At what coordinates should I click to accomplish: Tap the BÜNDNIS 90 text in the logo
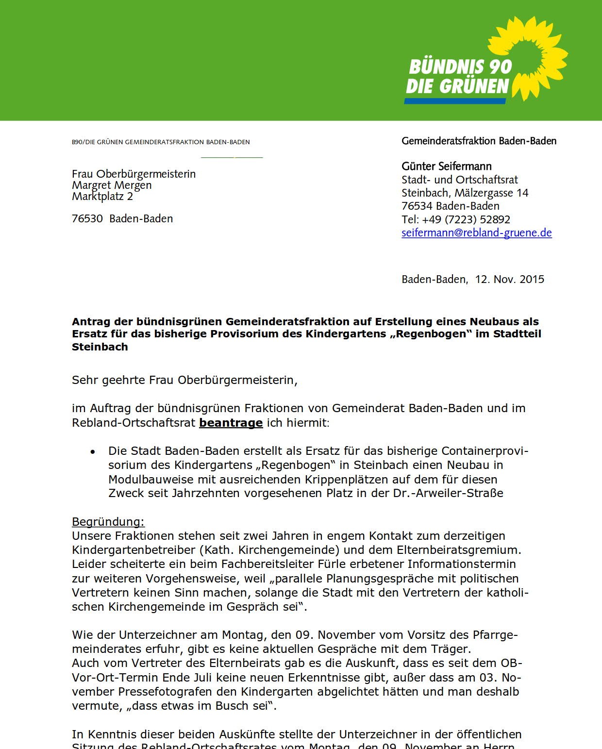click(x=460, y=67)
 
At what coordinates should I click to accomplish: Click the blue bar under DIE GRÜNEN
click(x=455, y=101)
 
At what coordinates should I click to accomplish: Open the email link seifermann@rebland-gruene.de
click(x=476, y=233)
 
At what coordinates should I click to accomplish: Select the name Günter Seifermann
click(x=446, y=166)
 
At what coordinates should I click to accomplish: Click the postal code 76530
click(x=87, y=218)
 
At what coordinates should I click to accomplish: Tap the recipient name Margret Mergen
click(x=112, y=185)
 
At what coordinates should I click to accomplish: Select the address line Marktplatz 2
click(x=102, y=196)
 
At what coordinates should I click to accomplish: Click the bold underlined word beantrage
click(x=231, y=423)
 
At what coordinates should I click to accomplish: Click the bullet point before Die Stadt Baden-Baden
click(x=93, y=452)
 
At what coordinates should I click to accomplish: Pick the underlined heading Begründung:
click(x=108, y=522)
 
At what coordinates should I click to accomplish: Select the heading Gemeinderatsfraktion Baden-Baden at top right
click(x=479, y=141)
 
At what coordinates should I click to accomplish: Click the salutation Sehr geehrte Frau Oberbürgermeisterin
click(x=184, y=380)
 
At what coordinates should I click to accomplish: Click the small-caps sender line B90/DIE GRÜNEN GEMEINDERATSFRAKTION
click(x=161, y=142)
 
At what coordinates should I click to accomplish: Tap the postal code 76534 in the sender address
click(x=417, y=206)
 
